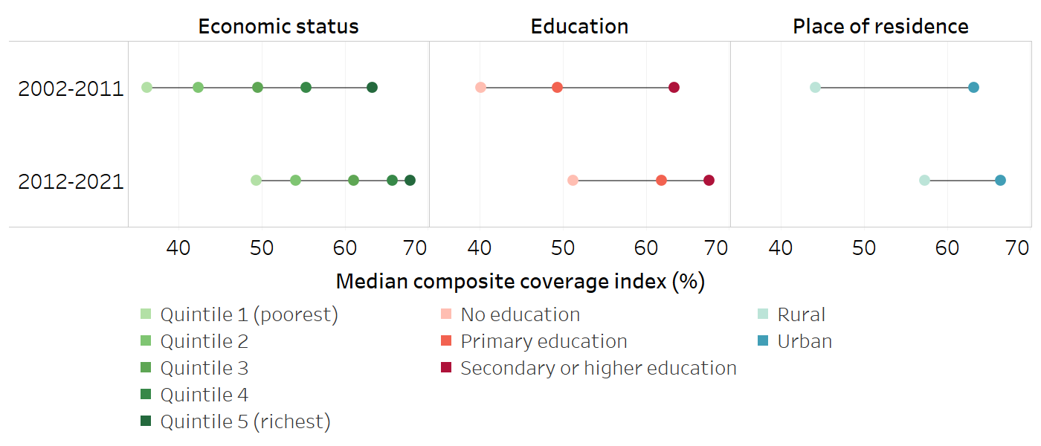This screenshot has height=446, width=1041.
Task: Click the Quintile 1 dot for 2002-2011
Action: (146, 88)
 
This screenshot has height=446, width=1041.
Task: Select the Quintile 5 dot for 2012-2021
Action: (410, 181)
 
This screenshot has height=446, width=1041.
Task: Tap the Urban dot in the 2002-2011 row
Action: (973, 88)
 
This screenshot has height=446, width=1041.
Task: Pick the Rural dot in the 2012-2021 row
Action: (924, 181)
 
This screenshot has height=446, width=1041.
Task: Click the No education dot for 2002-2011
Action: (480, 88)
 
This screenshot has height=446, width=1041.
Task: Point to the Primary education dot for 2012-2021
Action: (661, 181)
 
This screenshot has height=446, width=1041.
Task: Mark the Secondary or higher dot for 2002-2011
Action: (674, 88)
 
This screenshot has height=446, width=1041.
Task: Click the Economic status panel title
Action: (278, 27)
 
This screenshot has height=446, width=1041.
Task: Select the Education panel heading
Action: (579, 27)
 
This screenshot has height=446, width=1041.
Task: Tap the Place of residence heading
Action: (880, 27)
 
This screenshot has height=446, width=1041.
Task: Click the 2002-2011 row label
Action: (71, 88)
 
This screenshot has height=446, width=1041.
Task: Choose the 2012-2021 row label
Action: (71, 181)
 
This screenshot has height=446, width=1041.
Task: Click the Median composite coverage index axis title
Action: (520, 282)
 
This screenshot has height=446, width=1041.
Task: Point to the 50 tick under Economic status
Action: (262, 248)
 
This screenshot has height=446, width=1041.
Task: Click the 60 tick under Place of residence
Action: (947, 248)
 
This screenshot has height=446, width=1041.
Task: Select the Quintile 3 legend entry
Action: (204, 368)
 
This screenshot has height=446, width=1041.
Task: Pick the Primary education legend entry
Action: (544, 341)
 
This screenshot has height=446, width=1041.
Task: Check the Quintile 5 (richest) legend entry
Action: (245, 421)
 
